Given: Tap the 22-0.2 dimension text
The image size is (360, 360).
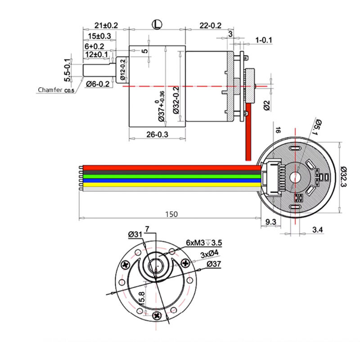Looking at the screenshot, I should click(210, 26).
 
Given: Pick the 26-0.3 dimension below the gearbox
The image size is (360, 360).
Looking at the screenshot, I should click(157, 134).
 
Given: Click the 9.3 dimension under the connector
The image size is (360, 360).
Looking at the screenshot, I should click(271, 222).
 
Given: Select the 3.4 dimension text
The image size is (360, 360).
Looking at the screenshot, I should click(317, 230).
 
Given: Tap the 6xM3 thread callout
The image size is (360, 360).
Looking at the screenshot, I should click(204, 243).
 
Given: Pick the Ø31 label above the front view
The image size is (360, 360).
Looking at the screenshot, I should click(135, 234).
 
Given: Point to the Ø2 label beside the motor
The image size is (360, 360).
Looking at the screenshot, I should click(266, 104).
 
